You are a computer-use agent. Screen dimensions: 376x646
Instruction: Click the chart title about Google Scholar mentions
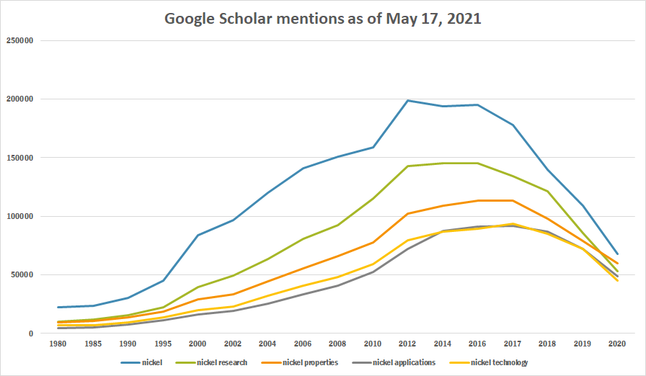322,19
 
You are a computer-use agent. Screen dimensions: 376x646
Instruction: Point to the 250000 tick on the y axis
19,40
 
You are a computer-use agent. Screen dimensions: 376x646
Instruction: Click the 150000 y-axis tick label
19,158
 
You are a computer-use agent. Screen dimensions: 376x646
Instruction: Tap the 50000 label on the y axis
22,275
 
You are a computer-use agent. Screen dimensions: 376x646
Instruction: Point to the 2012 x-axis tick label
409,344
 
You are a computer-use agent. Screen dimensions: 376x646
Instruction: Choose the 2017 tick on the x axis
513,344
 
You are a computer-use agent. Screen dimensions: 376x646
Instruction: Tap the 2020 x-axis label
616,344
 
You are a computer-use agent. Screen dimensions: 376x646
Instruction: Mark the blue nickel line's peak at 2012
409,100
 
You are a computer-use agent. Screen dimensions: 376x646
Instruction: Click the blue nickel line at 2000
198,235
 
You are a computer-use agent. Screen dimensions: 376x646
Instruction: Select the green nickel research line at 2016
478,163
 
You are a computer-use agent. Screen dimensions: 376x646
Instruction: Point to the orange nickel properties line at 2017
513,200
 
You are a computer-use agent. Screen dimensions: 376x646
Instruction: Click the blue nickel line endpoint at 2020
616,254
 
